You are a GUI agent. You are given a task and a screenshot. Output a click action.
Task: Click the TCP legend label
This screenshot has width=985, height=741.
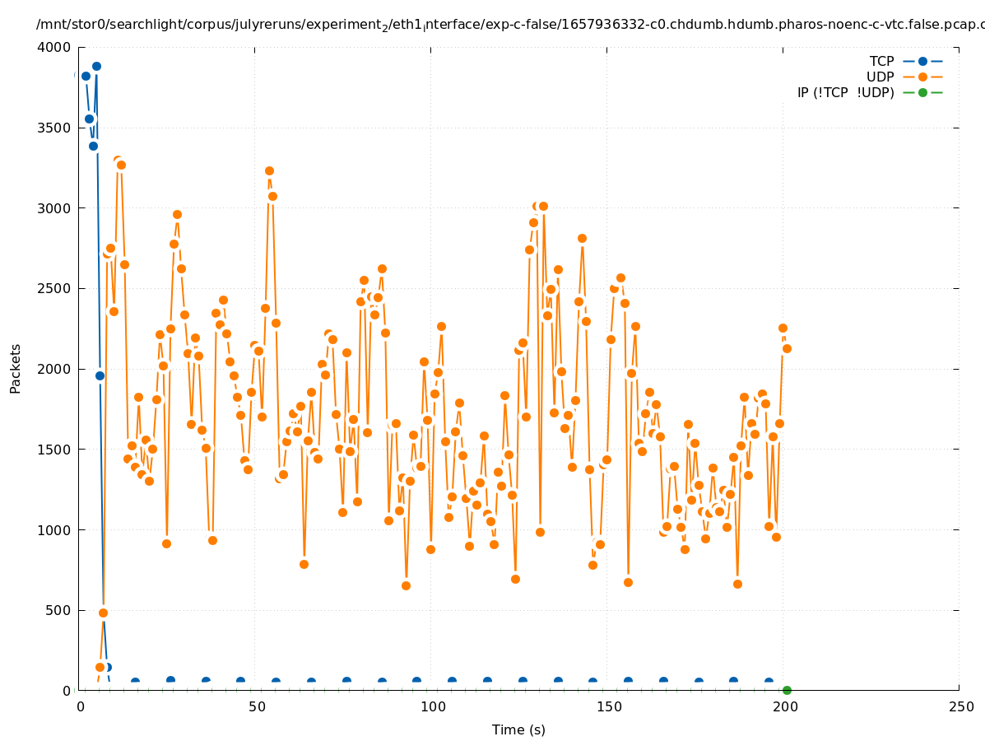(x=881, y=61)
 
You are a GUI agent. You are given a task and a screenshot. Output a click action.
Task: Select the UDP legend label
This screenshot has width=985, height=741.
(x=880, y=77)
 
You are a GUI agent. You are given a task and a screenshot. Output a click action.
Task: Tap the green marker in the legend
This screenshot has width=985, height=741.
(x=922, y=92)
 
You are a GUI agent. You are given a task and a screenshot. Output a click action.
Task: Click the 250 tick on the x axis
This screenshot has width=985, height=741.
(x=959, y=707)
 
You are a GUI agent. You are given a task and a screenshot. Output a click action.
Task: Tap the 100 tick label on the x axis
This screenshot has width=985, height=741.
(x=432, y=707)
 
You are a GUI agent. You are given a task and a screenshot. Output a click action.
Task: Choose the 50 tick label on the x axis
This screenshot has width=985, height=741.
(x=257, y=707)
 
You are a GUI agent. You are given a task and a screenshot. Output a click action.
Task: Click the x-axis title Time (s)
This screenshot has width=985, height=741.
(x=518, y=729)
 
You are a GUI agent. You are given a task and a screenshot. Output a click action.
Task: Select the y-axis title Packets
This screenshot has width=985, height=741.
(x=16, y=368)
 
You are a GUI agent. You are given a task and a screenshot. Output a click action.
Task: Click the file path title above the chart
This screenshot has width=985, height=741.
(x=510, y=25)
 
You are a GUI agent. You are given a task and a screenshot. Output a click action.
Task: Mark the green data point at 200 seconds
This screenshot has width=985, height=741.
(x=787, y=690)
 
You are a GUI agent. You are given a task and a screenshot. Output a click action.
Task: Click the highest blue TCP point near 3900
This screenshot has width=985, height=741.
(x=96, y=66)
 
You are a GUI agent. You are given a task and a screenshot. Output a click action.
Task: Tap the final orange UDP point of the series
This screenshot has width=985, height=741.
(x=787, y=348)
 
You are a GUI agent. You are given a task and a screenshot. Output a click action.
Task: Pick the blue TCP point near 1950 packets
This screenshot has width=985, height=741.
(x=100, y=375)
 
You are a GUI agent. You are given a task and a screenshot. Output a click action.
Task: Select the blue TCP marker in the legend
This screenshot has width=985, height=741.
(x=922, y=61)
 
